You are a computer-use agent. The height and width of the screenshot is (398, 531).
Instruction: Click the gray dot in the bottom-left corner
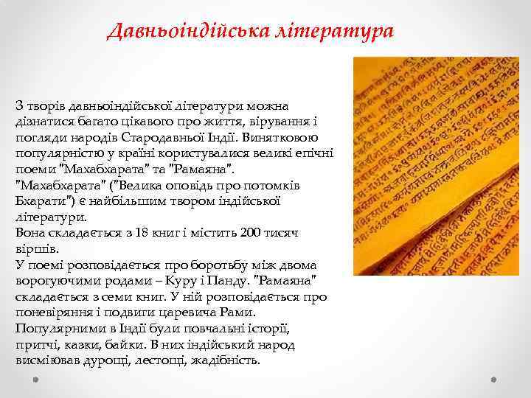click(35, 380)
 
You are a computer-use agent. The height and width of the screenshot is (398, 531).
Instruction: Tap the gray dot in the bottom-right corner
click(496, 380)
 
